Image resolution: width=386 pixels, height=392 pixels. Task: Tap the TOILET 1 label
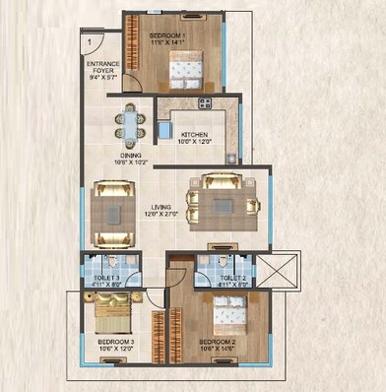106,279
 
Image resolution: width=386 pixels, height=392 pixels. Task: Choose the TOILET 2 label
233,279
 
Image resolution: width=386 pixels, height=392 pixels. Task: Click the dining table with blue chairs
131,123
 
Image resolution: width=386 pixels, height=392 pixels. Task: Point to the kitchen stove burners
205,103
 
